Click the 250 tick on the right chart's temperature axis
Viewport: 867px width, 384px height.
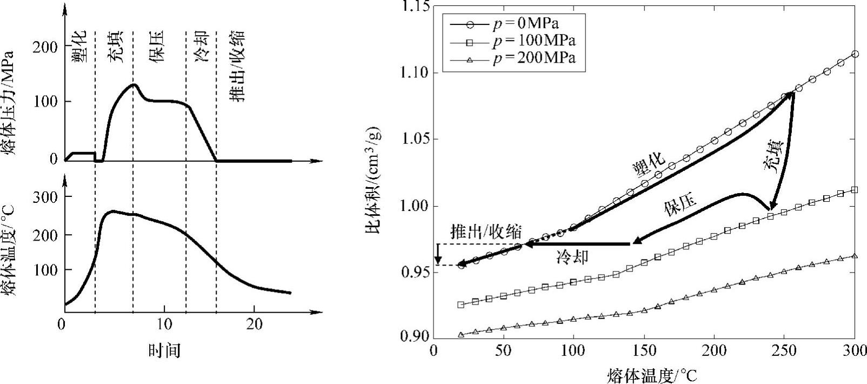(x=784, y=351)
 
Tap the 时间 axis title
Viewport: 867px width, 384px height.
(x=164, y=351)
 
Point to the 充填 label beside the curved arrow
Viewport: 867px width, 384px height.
(x=773, y=156)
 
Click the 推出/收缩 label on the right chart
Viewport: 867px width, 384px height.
(x=486, y=232)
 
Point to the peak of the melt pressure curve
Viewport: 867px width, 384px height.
(x=134, y=84)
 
